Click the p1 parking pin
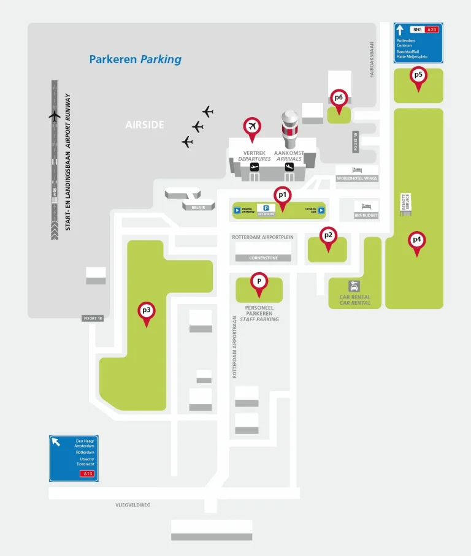[282, 196]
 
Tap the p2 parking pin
[328, 237]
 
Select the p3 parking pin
[146, 311]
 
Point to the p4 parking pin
[417, 240]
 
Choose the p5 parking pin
[419, 76]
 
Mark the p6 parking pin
[339, 98]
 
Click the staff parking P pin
[259, 283]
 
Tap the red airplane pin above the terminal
[251, 127]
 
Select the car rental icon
[354, 286]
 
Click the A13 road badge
[85, 474]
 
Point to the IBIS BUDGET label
[366, 216]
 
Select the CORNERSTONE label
[264, 258]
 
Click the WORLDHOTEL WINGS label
[357, 178]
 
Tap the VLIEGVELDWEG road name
[132, 505]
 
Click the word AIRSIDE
[145, 125]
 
